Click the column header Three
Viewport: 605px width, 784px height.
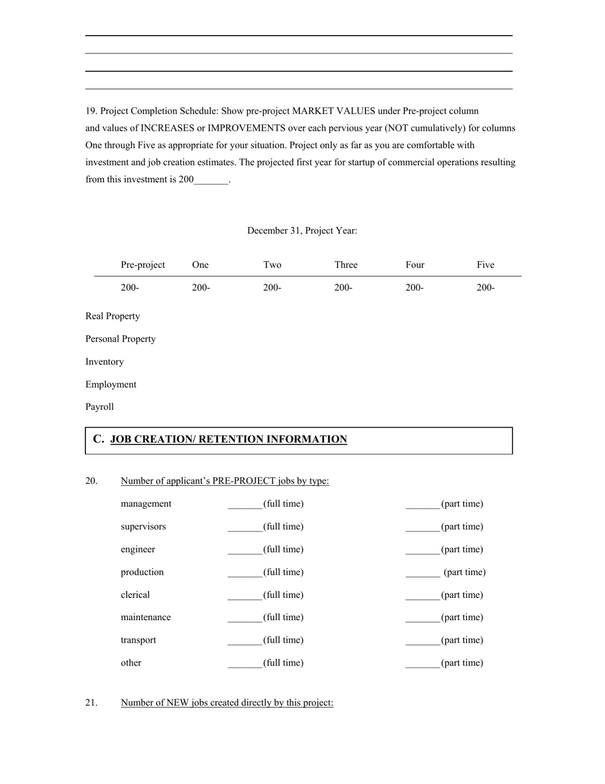click(346, 265)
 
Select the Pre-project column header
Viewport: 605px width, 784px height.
click(143, 265)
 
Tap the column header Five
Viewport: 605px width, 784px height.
click(485, 265)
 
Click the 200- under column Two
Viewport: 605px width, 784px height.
click(272, 287)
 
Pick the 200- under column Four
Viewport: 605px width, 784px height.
click(414, 287)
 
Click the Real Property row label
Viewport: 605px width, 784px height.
click(113, 316)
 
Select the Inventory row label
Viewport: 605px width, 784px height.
click(104, 361)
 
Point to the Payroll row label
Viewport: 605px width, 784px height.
click(99, 407)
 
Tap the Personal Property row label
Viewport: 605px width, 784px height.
click(120, 339)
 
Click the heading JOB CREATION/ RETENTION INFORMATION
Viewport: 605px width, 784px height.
click(229, 439)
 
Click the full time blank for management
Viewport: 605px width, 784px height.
click(245, 505)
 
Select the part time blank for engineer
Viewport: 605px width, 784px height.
click(423, 550)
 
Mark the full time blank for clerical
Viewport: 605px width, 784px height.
click(245, 596)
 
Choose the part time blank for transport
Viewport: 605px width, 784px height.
click(423, 641)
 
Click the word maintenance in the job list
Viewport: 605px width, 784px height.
click(146, 617)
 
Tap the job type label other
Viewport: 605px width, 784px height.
click(131, 663)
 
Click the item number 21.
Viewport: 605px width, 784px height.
click(92, 702)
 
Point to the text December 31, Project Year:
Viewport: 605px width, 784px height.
click(302, 231)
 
